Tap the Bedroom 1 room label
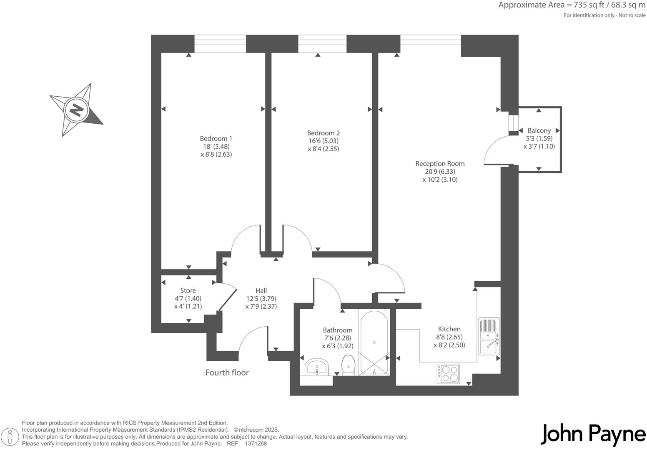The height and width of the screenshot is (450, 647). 216,139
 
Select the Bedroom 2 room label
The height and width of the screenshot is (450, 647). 323,133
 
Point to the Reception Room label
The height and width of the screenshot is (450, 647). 440,164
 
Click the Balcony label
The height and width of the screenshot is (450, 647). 539,131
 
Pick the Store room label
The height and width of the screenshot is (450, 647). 188,291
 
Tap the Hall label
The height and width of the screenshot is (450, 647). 261,291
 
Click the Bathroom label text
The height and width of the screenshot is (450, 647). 337,330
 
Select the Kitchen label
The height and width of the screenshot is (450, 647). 449,329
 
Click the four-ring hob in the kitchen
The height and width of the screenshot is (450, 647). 448,374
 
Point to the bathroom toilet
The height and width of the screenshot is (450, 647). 348,365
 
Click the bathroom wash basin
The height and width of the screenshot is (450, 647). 317,367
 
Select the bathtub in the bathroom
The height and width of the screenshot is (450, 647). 374,342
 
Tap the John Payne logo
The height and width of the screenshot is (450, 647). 593,435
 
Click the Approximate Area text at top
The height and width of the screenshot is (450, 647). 572,5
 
